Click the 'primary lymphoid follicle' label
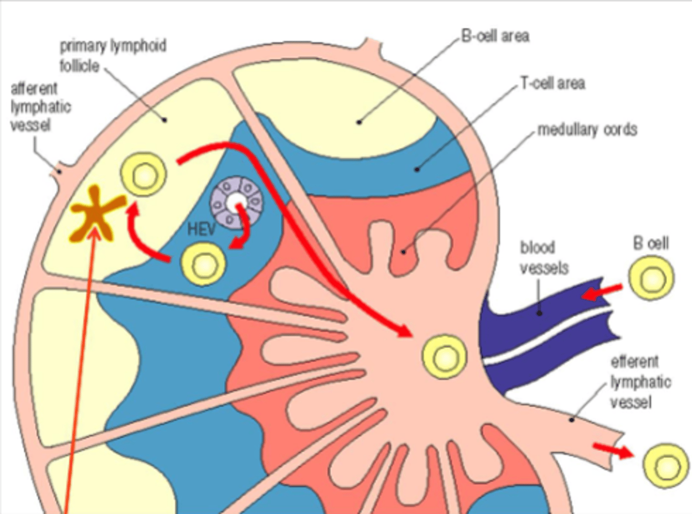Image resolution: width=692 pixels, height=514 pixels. click(x=112, y=55)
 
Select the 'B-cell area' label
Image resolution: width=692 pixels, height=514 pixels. click(x=495, y=36)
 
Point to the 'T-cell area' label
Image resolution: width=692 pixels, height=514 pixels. click(x=553, y=84)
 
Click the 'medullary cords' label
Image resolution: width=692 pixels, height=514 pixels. click(x=587, y=130)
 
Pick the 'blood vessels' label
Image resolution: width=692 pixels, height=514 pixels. click(x=544, y=257)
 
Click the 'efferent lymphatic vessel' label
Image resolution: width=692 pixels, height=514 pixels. click(x=640, y=382)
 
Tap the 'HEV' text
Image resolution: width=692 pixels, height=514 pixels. click(x=201, y=229)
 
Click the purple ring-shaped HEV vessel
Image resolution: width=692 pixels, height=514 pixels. click(x=236, y=203)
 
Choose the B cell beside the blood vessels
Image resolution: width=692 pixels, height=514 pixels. click(x=651, y=278)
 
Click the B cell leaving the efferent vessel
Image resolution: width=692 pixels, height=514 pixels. click(x=666, y=466)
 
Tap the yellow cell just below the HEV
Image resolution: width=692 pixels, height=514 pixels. click(x=203, y=263)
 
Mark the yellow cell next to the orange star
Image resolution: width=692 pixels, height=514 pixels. click(x=143, y=175)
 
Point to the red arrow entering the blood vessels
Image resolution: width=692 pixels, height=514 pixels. click(x=601, y=292)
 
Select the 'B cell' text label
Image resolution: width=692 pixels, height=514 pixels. click(x=651, y=243)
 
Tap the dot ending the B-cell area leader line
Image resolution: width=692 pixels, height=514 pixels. click(x=359, y=122)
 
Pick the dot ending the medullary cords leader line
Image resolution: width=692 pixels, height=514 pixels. click(x=404, y=251)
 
